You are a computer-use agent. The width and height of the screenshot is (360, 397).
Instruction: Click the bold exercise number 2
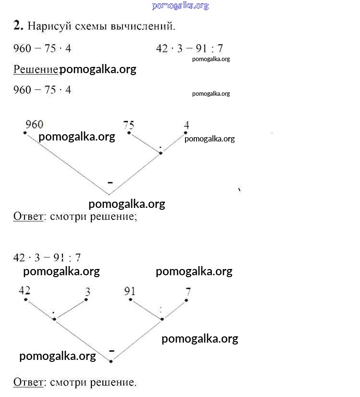(18, 26)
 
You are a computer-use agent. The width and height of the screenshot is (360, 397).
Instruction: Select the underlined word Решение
(36, 69)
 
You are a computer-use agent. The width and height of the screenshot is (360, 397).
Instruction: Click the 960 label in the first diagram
(34, 125)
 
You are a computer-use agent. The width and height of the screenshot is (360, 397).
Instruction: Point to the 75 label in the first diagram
(128, 125)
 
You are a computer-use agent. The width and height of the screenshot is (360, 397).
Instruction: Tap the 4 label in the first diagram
(186, 125)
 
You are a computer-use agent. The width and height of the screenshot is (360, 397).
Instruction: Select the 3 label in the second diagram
(87, 292)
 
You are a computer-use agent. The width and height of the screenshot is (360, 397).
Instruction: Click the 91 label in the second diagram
(129, 291)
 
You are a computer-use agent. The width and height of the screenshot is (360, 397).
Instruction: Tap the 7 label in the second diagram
(188, 291)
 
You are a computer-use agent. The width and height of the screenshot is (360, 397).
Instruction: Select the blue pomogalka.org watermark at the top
(180, 5)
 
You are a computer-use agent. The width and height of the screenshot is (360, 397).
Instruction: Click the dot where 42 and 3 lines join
(55, 319)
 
